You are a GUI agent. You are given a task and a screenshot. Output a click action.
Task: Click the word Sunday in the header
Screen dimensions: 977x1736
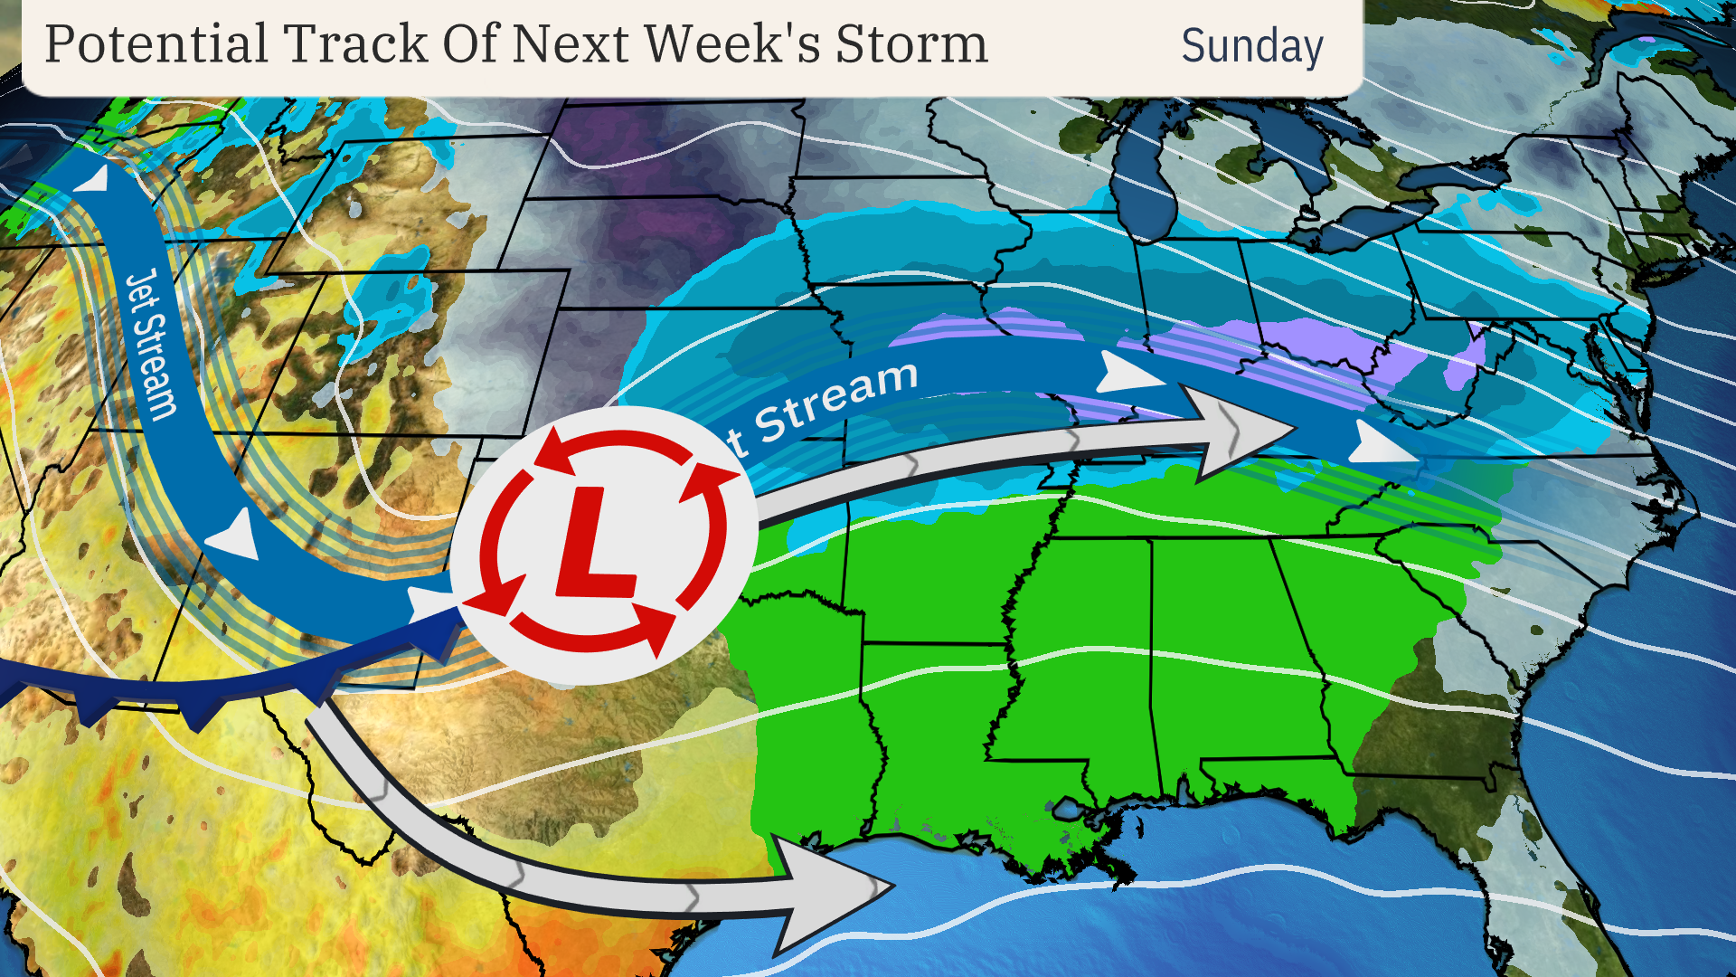(x=1251, y=46)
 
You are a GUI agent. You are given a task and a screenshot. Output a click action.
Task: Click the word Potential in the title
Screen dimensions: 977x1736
(x=156, y=44)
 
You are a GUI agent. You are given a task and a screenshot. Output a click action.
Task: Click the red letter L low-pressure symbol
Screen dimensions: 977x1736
(x=592, y=544)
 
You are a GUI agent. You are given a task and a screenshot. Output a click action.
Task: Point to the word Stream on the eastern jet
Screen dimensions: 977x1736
(x=836, y=398)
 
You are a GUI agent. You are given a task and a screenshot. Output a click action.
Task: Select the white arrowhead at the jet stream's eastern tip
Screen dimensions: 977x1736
(x=1379, y=444)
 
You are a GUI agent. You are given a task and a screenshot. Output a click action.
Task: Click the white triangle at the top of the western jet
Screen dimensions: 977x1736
(x=93, y=178)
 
